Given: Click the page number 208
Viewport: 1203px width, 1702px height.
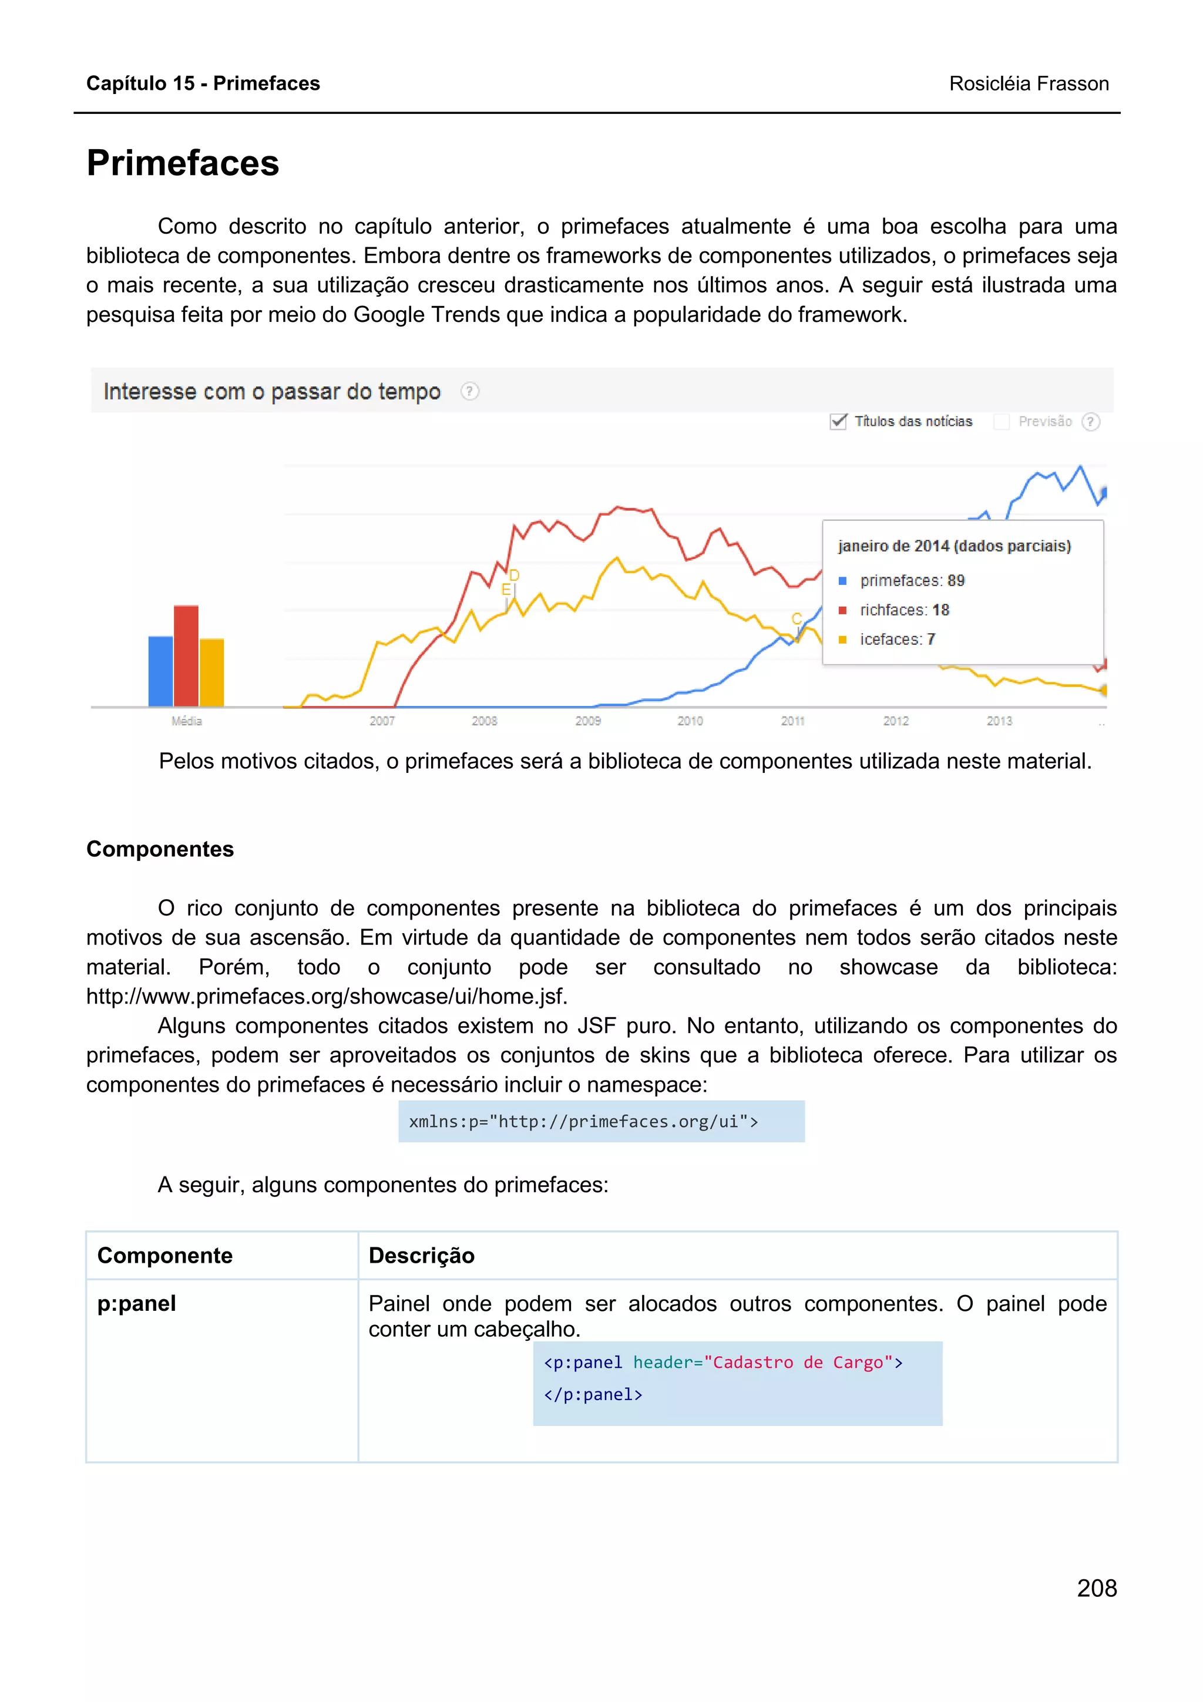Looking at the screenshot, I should [1096, 1589].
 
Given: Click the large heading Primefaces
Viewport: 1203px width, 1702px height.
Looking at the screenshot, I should [182, 163].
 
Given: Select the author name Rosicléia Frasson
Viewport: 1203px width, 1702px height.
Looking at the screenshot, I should [1028, 84].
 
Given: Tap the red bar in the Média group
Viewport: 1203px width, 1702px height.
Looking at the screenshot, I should [186, 655].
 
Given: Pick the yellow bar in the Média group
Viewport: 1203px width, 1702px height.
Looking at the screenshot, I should [212, 672].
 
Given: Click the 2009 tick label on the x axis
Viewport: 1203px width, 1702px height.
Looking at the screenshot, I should [588, 721].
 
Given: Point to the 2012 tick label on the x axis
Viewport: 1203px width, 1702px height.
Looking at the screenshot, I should [895, 721].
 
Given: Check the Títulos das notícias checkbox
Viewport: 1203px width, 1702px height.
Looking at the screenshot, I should [838, 422].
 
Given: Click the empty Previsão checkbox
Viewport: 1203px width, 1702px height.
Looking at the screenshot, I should [1001, 422].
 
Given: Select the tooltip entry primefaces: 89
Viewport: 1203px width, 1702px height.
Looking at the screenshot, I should [912, 580].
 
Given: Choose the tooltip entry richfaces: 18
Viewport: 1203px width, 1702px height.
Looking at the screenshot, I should [904, 610].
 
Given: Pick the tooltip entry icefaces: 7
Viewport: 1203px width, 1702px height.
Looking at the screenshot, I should [897, 639].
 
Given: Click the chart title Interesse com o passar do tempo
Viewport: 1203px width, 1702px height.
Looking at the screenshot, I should [272, 391].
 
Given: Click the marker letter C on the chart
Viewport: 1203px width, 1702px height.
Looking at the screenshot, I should [796, 619].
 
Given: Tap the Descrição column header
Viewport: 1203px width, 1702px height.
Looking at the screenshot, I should [421, 1255].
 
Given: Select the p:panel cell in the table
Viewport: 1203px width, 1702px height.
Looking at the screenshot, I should [136, 1303].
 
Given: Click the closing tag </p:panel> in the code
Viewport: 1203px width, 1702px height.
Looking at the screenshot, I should [593, 1394].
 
